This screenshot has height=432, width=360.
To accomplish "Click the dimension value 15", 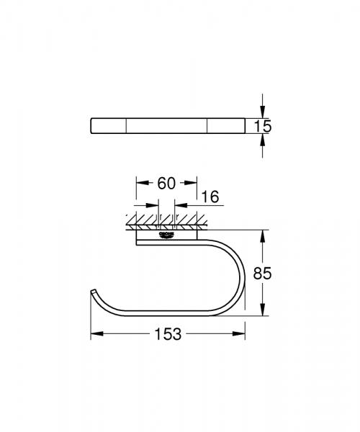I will [x=264, y=127].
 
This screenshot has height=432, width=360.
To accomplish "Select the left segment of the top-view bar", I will [x=109, y=127].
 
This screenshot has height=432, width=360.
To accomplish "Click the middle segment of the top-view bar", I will [x=168, y=127].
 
